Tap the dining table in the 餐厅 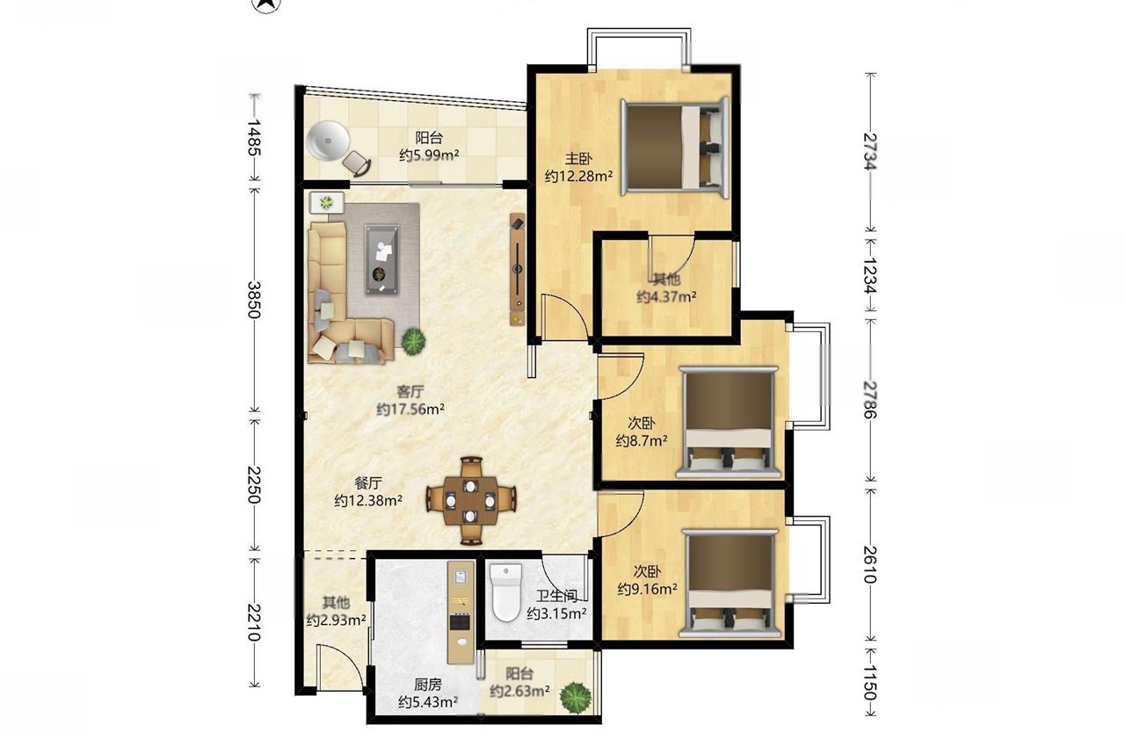pos(470,501)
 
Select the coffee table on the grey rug pos(381,259)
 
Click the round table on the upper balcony pos(328,141)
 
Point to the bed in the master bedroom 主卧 pos(675,146)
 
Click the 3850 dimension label pos(254,300)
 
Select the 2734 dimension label pos(870,151)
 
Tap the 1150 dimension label pos(870,682)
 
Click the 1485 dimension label pos(254,137)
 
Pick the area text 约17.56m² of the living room pos(410,410)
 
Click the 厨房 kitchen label pos(428,685)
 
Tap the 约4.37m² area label pos(666,297)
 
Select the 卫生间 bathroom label pos(556,596)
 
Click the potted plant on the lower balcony pos(576,696)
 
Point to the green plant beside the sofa pos(413,341)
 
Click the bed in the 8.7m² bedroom pos(729,422)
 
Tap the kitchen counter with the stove pos(461,613)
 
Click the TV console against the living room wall pos(518,269)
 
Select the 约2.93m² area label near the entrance pos(336,620)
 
